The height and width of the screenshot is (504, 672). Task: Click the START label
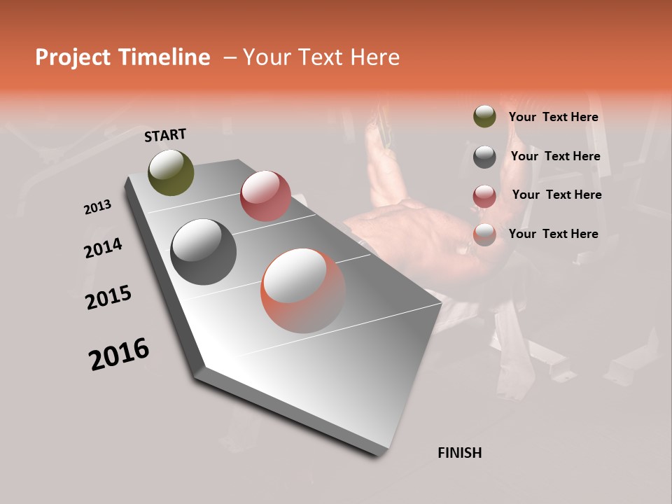point(165,135)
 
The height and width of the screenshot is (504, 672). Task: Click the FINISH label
point(460,453)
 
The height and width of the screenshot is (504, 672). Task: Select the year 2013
point(98,207)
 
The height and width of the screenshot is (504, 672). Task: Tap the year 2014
point(104,248)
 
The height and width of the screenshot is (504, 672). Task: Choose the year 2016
point(119,354)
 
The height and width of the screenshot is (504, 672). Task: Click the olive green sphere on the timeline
point(171,172)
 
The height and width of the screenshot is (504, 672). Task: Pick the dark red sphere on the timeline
point(265,196)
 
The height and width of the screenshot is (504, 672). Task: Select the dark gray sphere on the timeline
point(203,252)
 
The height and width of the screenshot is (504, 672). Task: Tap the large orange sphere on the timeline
point(303,290)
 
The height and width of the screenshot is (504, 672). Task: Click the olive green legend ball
point(484,117)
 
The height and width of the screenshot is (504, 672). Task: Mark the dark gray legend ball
point(484,157)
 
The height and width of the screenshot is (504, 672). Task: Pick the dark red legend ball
point(484,195)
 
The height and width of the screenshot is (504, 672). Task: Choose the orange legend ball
point(484,234)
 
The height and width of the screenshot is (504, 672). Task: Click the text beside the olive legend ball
point(553,118)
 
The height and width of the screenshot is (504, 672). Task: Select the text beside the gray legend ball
point(555,156)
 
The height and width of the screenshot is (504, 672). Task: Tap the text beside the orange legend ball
point(553,234)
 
